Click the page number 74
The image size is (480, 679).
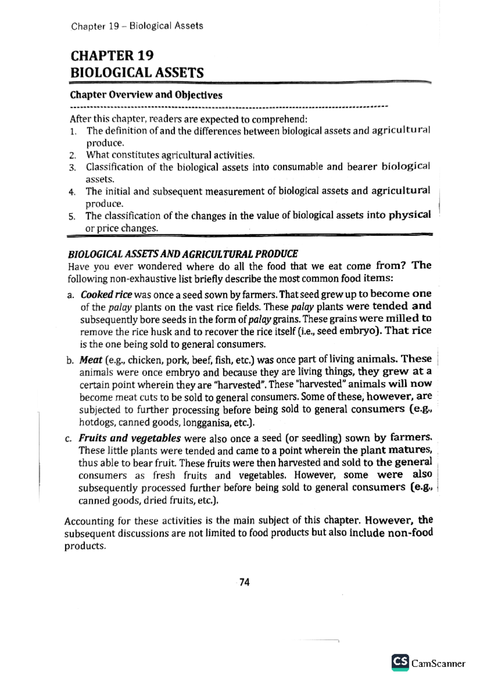(244, 582)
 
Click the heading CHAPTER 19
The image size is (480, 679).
(112, 56)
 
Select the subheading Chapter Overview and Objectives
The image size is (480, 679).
(146, 95)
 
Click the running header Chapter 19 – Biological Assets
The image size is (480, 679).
(137, 26)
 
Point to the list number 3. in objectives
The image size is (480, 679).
(72, 168)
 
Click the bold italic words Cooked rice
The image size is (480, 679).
(106, 295)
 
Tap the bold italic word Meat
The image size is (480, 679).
(91, 360)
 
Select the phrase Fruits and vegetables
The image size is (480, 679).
(130, 438)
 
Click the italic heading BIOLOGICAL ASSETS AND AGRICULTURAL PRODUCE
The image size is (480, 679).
(183, 254)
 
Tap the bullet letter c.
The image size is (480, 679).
(69, 439)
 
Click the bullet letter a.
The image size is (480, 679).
(71, 296)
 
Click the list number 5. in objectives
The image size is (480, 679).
(72, 217)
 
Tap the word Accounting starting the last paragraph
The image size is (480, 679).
(89, 521)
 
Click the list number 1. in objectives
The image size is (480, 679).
(73, 132)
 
